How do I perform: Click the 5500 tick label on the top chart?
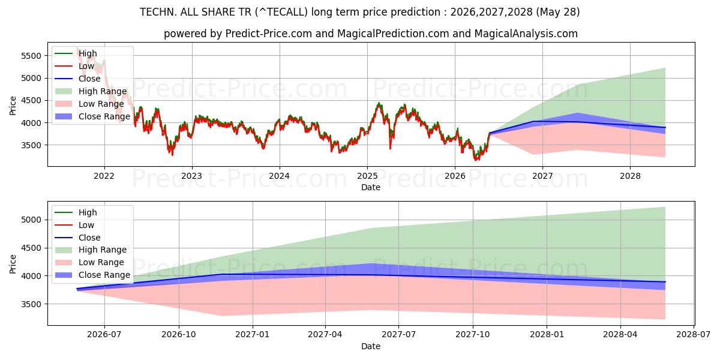click(31, 56)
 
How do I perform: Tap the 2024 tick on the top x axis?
click(280, 176)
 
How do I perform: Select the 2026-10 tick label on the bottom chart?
click(179, 335)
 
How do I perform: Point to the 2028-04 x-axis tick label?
click(620, 335)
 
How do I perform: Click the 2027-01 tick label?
click(253, 335)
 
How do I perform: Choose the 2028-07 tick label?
click(694, 335)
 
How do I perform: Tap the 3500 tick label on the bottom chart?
click(31, 304)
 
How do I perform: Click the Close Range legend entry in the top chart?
click(92, 116)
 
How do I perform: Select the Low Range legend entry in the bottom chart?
click(89, 262)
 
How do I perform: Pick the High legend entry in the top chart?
click(76, 53)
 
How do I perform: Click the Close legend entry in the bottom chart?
click(77, 238)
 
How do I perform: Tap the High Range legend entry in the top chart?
click(91, 91)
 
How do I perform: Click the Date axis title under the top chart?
click(371, 187)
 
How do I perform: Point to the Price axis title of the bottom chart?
click(13, 264)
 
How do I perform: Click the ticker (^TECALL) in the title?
click(281, 12)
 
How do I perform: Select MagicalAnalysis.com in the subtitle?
click(526, 34)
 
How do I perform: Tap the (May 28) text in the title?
click(557, 12)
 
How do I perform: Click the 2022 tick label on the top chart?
click(104, 176)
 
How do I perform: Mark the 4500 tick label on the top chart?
click(31, 101)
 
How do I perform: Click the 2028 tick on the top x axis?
click(630, 176)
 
